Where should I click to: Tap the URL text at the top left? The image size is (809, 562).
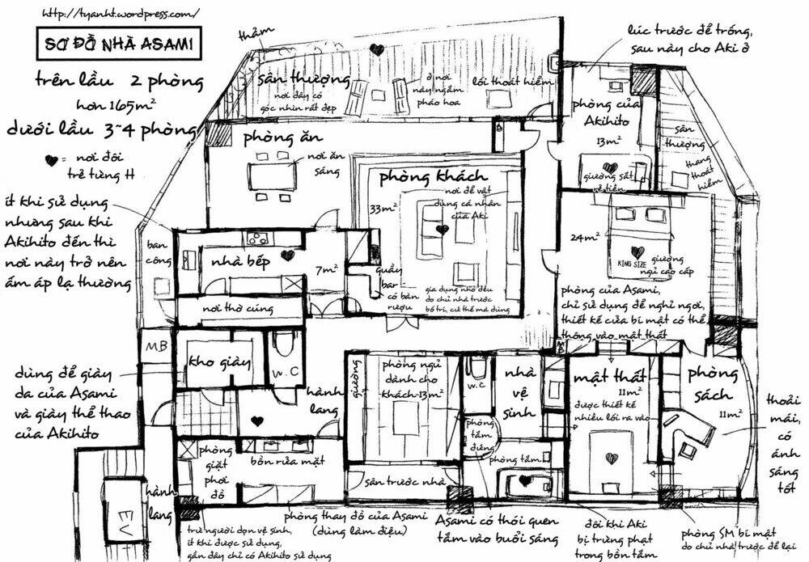(x=119, y=15)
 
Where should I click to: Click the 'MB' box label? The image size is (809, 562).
(x=154, y=348)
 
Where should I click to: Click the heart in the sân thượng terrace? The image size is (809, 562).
(x=376, y=49)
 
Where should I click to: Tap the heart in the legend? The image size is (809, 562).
(x=52, y=161)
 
